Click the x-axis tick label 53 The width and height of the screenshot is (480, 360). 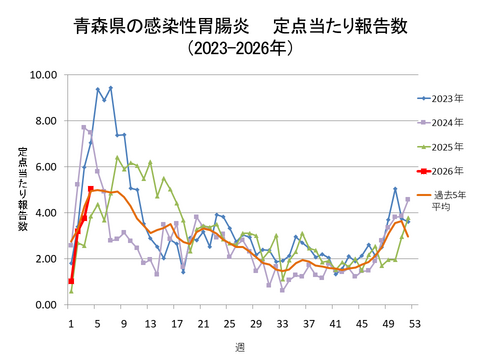point(413,323)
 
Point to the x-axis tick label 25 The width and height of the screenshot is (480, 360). point(229,323)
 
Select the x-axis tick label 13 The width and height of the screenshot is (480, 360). point(150,323)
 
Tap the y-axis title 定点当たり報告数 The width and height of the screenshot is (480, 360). point(22,190)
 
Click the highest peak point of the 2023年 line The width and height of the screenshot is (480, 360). point(110,88)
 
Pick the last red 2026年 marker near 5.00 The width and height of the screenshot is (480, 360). point(91,189)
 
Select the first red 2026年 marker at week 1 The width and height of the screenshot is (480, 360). point(71,282)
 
